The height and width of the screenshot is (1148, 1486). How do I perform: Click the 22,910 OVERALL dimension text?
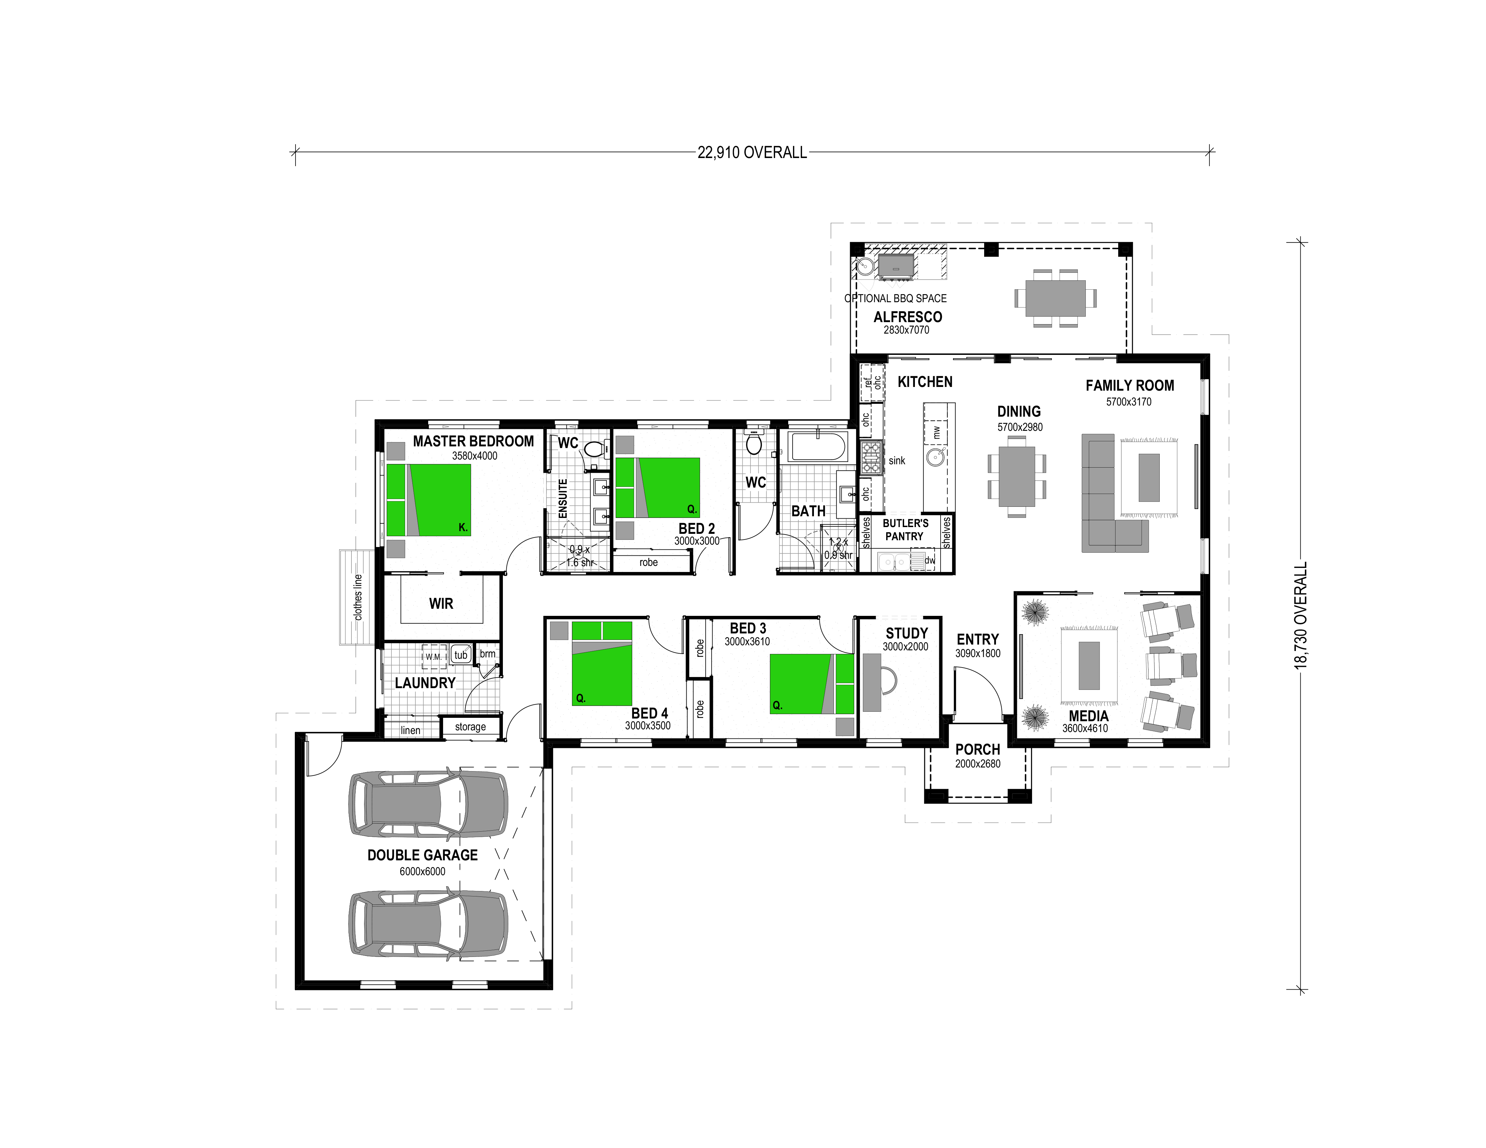click(x=752, y=152)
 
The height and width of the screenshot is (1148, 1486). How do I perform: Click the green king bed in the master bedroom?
click(x=429, y=500)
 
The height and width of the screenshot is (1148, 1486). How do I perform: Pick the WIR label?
click(x=441, y=603)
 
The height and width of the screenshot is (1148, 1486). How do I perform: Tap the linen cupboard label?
click(x=410, y=730)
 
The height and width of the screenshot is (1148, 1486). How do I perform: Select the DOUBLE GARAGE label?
click(x=422, y=855)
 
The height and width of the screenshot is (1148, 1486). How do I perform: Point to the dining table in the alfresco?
click(x=1055, y=298)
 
